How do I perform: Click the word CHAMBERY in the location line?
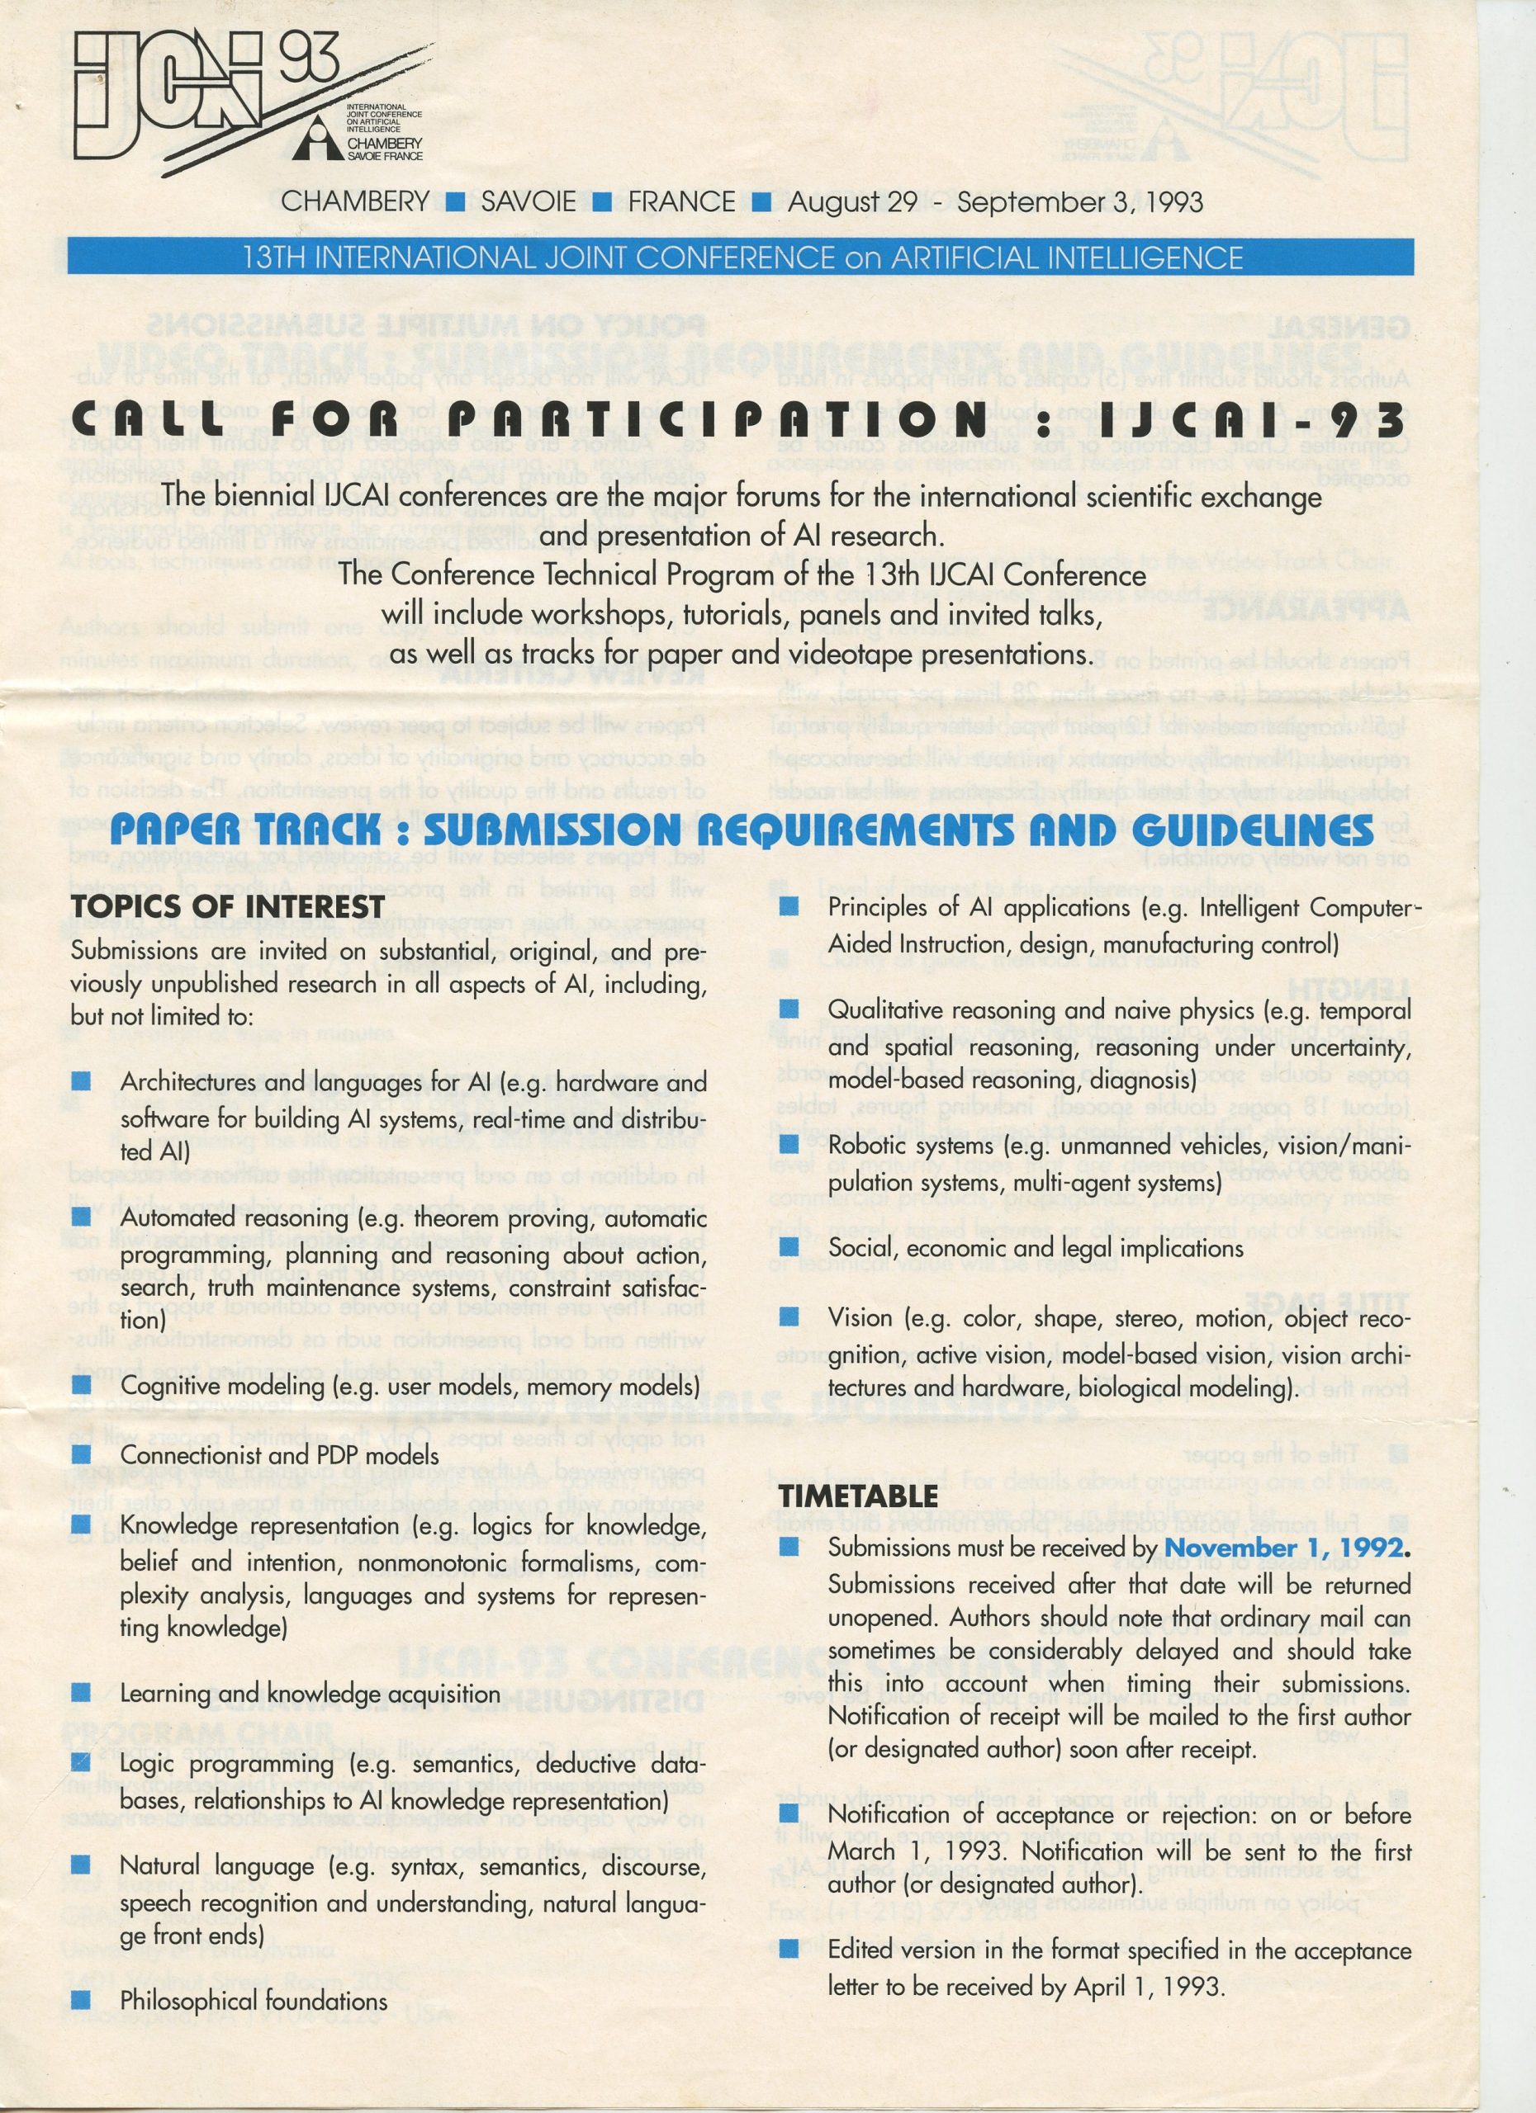click(355, 201)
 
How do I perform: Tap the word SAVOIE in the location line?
click(528, 201)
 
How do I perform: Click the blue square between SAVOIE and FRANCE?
click(602, 201)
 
